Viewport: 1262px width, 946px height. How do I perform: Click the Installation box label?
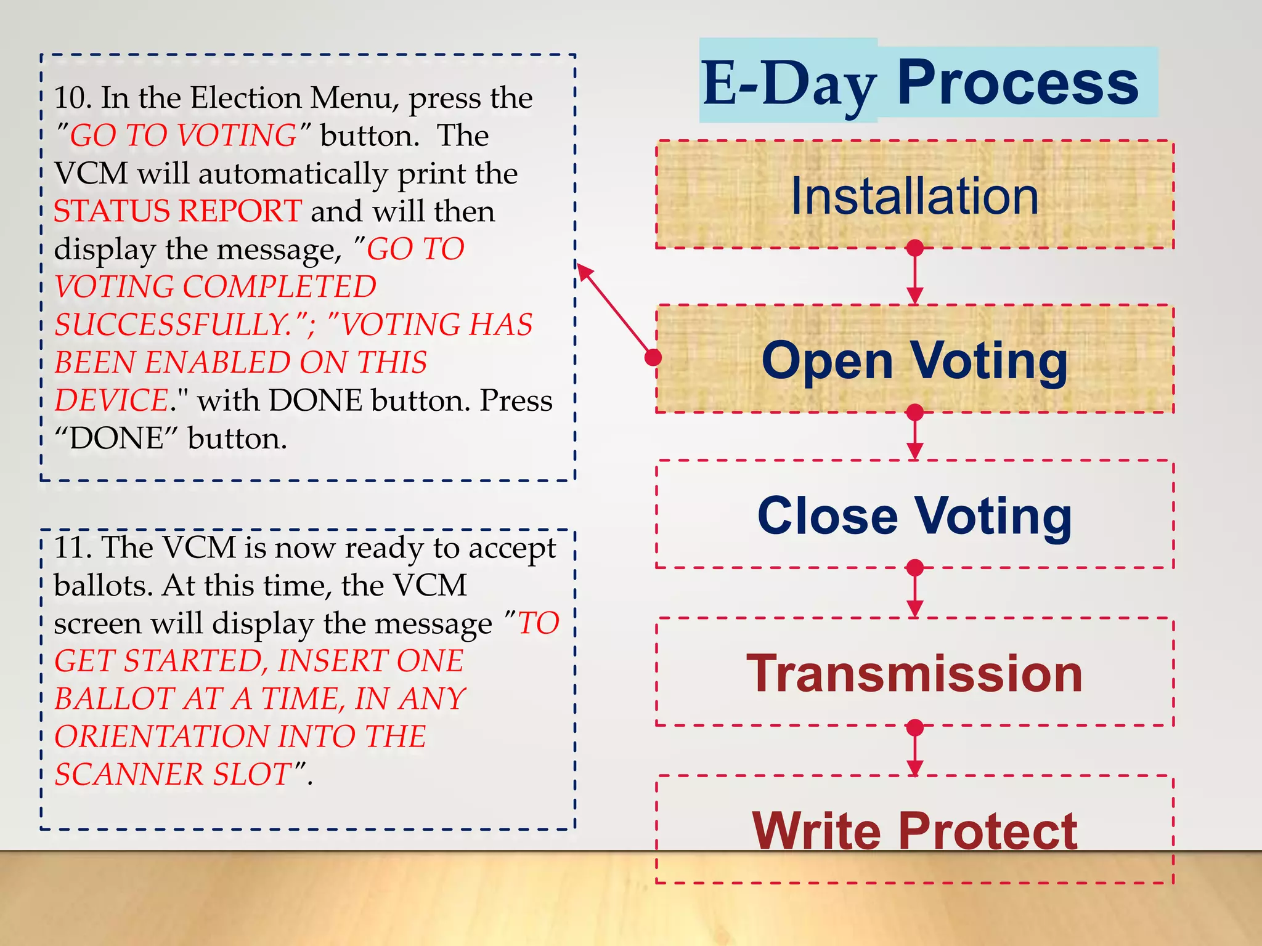(x=914, y=196)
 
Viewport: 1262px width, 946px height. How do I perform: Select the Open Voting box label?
(x=914, y=360)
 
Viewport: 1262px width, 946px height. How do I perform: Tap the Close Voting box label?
(x=914, y=516)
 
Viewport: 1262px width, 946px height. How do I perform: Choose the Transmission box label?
(x=914, y=674)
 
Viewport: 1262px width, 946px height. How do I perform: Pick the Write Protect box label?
(x=914, y=831)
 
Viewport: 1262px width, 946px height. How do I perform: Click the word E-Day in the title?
(x=789, y=83)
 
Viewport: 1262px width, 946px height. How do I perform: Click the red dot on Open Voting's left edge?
(x=653, y=357)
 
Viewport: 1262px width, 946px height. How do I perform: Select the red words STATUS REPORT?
(x=177, y=211)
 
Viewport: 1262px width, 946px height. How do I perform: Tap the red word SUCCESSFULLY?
(x=173, y=325)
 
